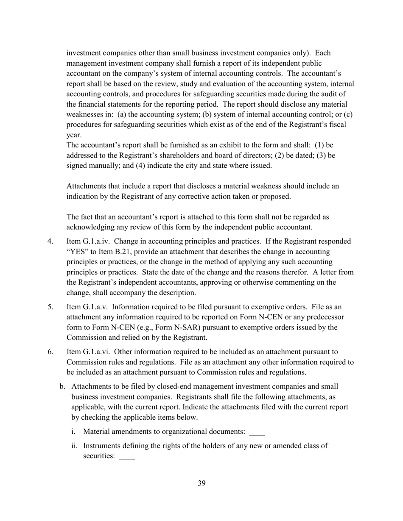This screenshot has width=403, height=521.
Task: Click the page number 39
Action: click(x=201, y=483)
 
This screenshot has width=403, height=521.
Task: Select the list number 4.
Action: click(x=50, y=241)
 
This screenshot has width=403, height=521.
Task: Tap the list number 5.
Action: click(x=50, y=307)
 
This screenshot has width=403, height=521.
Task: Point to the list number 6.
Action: click(x=50, y=352)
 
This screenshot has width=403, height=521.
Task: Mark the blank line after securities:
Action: click(x=127, y=457)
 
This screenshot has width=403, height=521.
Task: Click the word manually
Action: click(x=104, y=166)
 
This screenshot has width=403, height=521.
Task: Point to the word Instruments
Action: click(x=102, y=446)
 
